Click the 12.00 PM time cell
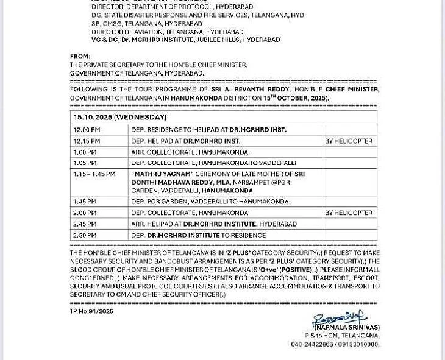(87, 130)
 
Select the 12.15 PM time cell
(87, 141)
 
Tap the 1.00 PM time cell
(85, 152)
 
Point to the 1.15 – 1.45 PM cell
(94, 174)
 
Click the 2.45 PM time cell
(85, 224)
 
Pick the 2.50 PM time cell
(85, 235)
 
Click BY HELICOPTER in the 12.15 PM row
(348, 141)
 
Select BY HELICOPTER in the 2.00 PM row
(348, 213)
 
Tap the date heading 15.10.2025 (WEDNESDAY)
(120, 117)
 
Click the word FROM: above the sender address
(80, 57)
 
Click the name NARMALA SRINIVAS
(347, 328)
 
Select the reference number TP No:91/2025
(91, 311)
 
